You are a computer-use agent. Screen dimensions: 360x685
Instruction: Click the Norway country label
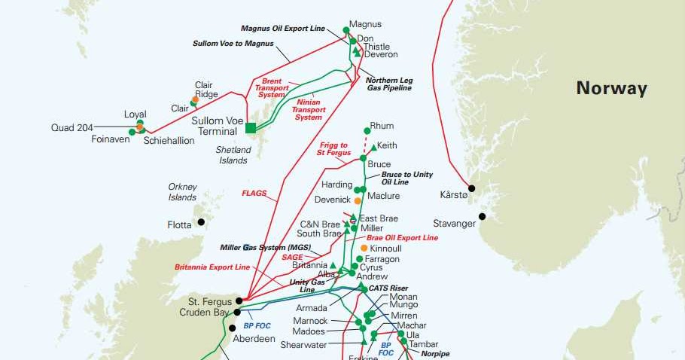[611, 88]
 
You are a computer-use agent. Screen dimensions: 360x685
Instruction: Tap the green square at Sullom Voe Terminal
[251, 127]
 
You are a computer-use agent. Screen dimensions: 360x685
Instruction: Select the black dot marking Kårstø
[472, 188]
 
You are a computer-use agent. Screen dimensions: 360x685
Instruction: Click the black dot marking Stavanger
[482, 217]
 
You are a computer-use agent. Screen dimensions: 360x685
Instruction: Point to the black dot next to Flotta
[201, 222]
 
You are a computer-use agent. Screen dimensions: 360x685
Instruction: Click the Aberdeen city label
[254, 339]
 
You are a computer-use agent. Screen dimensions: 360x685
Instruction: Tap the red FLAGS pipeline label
[254, 194]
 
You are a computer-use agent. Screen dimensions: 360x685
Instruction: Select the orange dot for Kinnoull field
[364, 248]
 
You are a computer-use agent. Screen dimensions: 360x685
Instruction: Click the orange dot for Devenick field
[358, 201]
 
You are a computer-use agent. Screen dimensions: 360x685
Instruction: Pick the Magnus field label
[366, 24]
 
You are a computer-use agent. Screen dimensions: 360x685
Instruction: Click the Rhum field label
[382, 126]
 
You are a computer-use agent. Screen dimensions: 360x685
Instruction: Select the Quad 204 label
[72, 128]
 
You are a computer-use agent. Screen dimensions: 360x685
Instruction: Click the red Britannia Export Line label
[212, 267]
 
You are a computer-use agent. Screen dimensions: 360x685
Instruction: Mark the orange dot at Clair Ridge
[195, 99]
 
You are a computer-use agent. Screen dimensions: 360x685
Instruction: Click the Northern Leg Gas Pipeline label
[389, 84]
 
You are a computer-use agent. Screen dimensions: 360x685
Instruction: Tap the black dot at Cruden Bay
[237, 312]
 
